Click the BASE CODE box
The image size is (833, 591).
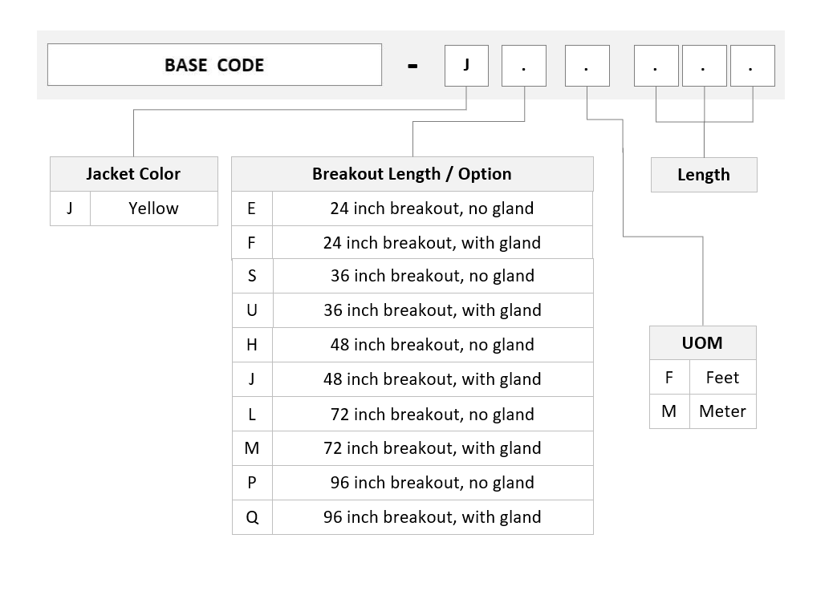[214, 65]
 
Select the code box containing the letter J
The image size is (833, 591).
[466, 65]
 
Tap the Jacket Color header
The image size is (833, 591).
[134, 174]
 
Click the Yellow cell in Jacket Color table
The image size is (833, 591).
[154, 208]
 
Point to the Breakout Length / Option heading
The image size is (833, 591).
[412, 174]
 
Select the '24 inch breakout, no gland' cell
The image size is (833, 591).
[433, 208]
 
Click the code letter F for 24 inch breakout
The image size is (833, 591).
[252, 243]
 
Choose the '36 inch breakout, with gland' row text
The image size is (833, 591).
[433, 310]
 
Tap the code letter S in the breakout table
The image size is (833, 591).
[252, 276]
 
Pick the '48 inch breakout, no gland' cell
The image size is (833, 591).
[433, 345]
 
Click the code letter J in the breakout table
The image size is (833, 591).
[252, 379]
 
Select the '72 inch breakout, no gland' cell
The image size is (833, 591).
[433, 414]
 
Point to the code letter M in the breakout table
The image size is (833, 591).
[252, 448]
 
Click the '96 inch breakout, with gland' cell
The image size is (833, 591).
[433, 517]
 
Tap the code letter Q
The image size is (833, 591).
[252, 517]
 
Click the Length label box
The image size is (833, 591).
[704, 175]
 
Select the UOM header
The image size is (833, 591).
[703, 343]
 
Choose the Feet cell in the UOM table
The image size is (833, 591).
[722, 377]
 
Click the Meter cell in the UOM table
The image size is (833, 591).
[722, 411]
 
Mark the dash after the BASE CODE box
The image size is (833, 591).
[412, 67]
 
